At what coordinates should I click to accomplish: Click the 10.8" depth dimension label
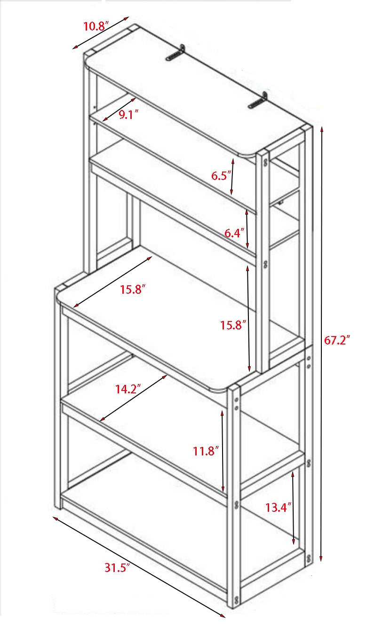[x=96, y=26]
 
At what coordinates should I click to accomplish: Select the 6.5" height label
[x=221, y=175]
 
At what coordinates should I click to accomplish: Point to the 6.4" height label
[x=234, y=233]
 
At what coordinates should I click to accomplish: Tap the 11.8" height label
[x=206, y=451]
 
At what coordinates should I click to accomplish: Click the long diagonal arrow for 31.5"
[x=139, y=566]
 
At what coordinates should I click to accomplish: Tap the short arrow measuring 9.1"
[x=119, y=109]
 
